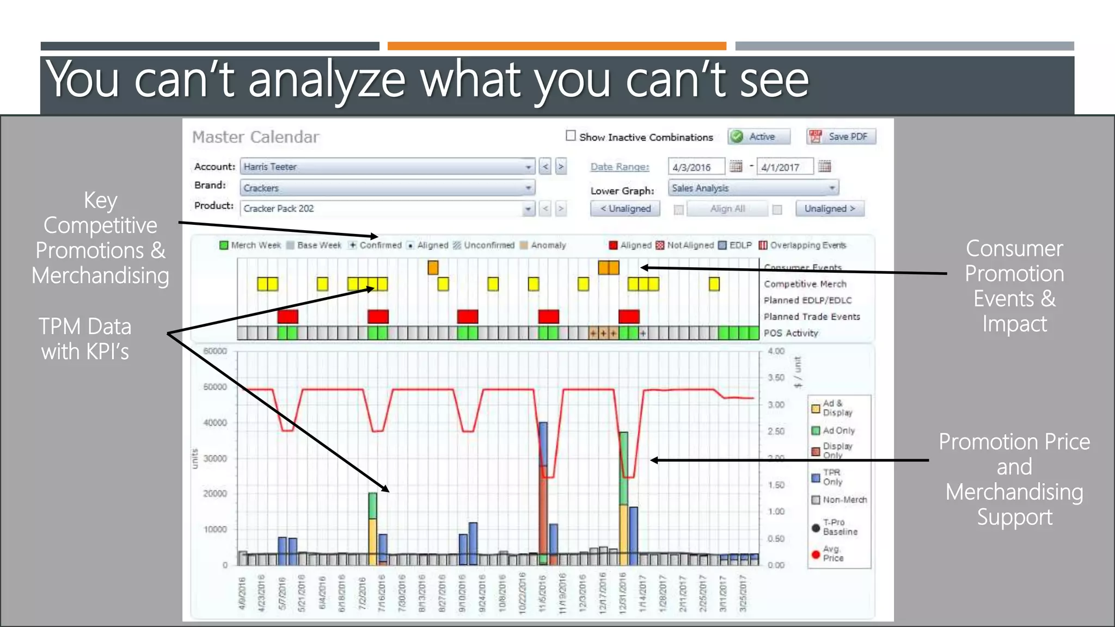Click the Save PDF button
click(841, 137)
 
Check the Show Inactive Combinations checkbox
click(571, 136)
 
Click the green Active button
click(759, 137)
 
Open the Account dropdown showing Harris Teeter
click(387, 167)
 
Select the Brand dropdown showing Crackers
click(387, 188)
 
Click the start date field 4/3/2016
click(696, 167)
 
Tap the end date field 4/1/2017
click(785, 167)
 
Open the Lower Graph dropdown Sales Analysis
click(753, 188)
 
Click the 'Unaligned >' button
click(830, 208)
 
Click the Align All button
click(727, 208)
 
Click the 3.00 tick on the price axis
click(776, 404)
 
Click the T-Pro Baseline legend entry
click(839, 527)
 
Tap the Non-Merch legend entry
click(844, 500)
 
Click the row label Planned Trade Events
click(811, 317)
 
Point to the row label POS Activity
click(791, 333)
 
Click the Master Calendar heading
click(256, 137)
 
